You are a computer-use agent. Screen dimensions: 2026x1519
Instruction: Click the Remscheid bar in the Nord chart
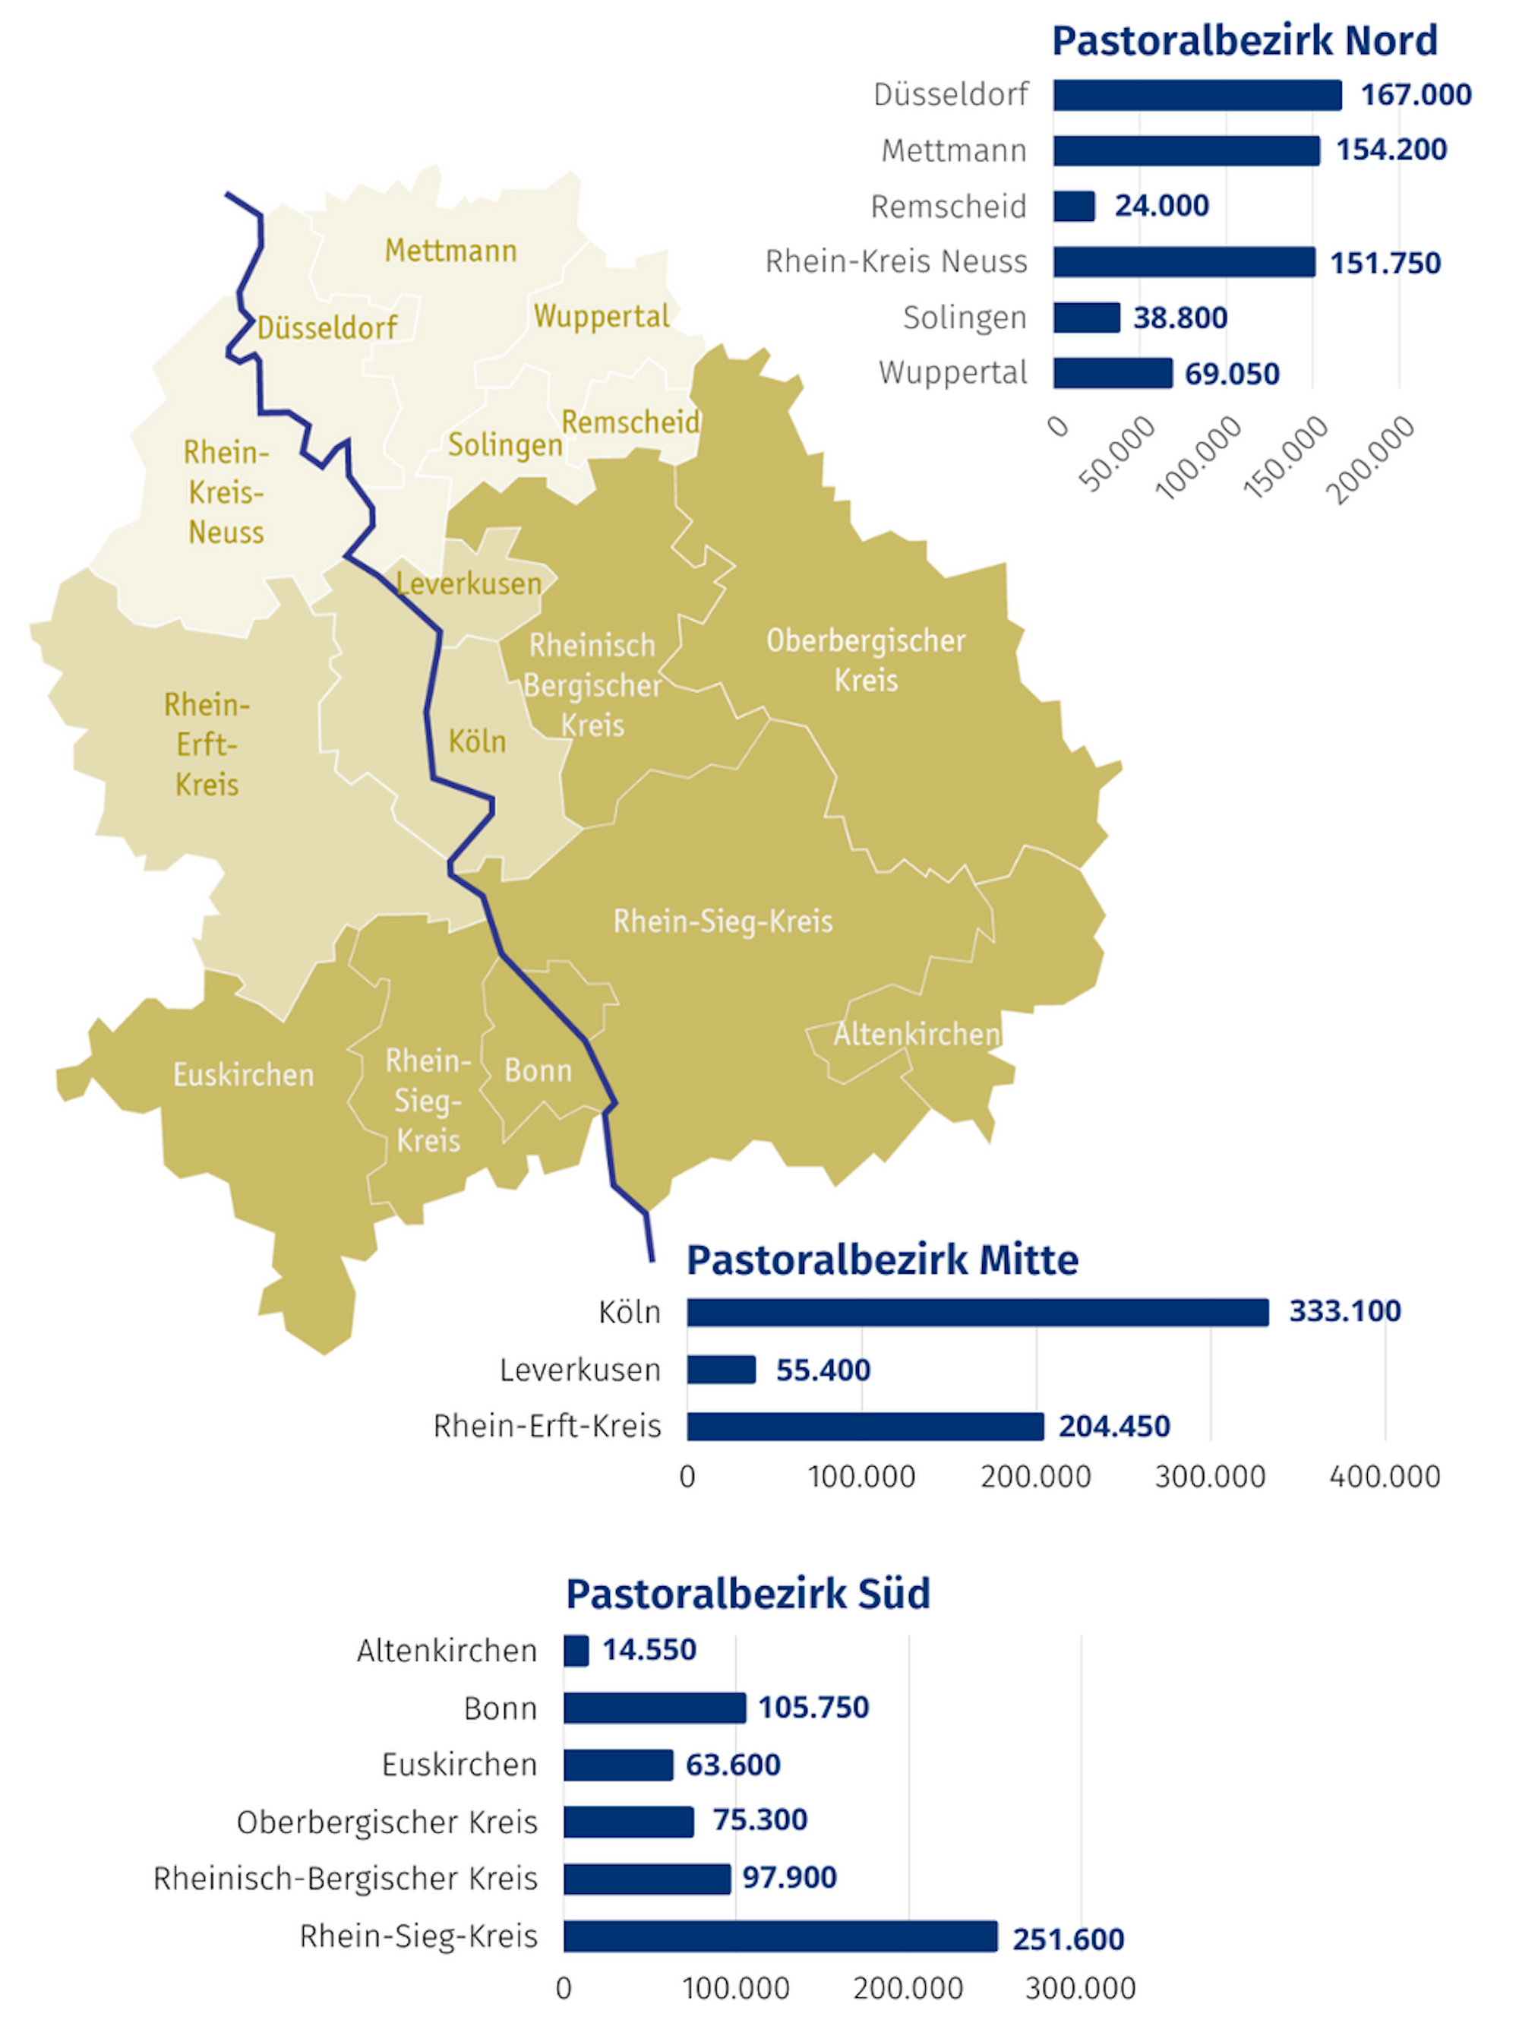[1073, 206]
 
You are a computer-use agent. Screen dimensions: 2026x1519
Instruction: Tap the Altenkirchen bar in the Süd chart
[576, 1651]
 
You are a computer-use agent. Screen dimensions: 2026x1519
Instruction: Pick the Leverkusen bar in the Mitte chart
[722, 1370]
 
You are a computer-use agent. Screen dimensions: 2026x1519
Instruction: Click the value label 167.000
[1416, 94]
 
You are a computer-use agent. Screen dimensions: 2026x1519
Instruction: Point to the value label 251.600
[1068, 1938]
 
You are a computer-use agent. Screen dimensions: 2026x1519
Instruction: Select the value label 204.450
[1114, 1426]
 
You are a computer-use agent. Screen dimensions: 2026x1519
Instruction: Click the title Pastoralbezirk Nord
[1244, 41]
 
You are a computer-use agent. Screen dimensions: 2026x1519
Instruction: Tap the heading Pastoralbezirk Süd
[748, 1594]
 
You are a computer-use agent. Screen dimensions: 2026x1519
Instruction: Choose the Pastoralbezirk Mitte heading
[883, 1260]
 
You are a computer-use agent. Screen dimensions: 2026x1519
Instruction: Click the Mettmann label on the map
[450, 250]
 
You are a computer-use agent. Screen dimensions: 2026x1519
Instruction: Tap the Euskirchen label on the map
[244, 1074]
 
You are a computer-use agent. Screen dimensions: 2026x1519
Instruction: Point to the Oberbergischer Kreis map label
[865, 660]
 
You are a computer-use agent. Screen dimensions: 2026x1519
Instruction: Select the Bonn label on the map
[538, 1070]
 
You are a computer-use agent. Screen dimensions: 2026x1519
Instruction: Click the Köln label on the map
[477, 741]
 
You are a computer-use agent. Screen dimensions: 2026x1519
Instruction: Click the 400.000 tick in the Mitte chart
[1385, 1477]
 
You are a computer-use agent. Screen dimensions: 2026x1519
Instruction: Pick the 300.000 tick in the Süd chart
[1081, 1987]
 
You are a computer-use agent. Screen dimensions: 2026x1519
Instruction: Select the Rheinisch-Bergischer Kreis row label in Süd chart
[345, 1879]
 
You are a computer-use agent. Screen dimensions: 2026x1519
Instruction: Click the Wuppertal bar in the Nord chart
[1113, 373]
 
